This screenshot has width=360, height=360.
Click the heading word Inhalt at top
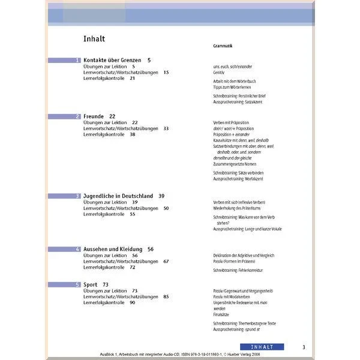point(95,39)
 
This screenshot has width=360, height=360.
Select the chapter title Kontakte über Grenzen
point(112,61)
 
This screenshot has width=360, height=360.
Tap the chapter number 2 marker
point(78,116)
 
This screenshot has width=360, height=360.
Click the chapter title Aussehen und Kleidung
point(113,249)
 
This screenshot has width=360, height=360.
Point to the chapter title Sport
point(92,284)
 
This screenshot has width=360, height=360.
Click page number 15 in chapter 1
point(166,73)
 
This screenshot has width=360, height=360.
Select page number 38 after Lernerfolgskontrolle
point(132,134)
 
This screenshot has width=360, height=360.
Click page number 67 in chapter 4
point(166,261)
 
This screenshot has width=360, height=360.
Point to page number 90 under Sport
point(132,302)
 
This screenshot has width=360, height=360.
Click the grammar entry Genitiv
point(219,72)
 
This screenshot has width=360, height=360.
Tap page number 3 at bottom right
point(304,347)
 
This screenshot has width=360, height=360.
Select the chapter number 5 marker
point(78,284)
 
